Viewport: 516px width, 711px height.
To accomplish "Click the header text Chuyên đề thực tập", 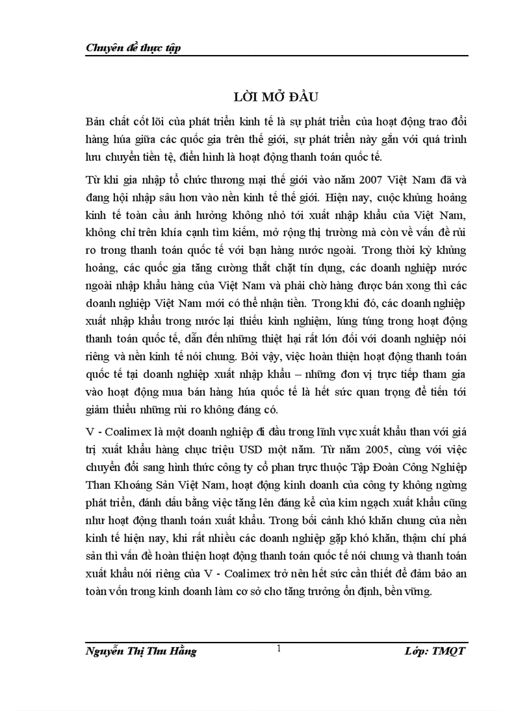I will coord(133,48).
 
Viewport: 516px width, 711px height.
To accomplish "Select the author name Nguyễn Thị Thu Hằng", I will coord(141,651).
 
